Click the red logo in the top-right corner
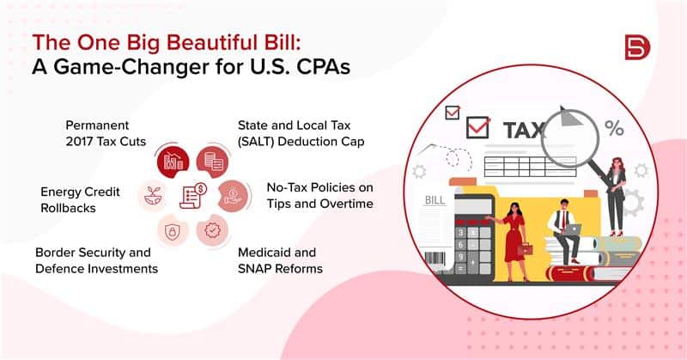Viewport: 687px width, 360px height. [637, 47]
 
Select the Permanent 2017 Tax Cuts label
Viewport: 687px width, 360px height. [106, 133]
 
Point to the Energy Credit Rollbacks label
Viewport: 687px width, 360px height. [80, 199]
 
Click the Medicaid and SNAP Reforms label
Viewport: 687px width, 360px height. [280, 260]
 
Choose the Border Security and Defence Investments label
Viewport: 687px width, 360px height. [96, 260]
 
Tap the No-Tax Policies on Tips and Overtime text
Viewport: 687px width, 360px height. [319, 196]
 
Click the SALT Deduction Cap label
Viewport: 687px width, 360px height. [301, 133]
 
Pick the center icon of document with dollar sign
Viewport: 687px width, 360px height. [192, 196]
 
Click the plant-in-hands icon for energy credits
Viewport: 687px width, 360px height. [153, 196]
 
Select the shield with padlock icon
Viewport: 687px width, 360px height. [173, 230]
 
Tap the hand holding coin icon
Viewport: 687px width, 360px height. [233, 196]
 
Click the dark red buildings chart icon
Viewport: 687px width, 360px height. [173, 162]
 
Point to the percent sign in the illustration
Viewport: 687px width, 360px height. [614, 128]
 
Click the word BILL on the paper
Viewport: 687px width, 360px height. [435, 200]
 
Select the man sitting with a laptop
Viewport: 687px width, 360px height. [565, 231]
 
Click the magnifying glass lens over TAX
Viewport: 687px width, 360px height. [569, 138]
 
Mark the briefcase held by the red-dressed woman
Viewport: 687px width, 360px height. [525, 249]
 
